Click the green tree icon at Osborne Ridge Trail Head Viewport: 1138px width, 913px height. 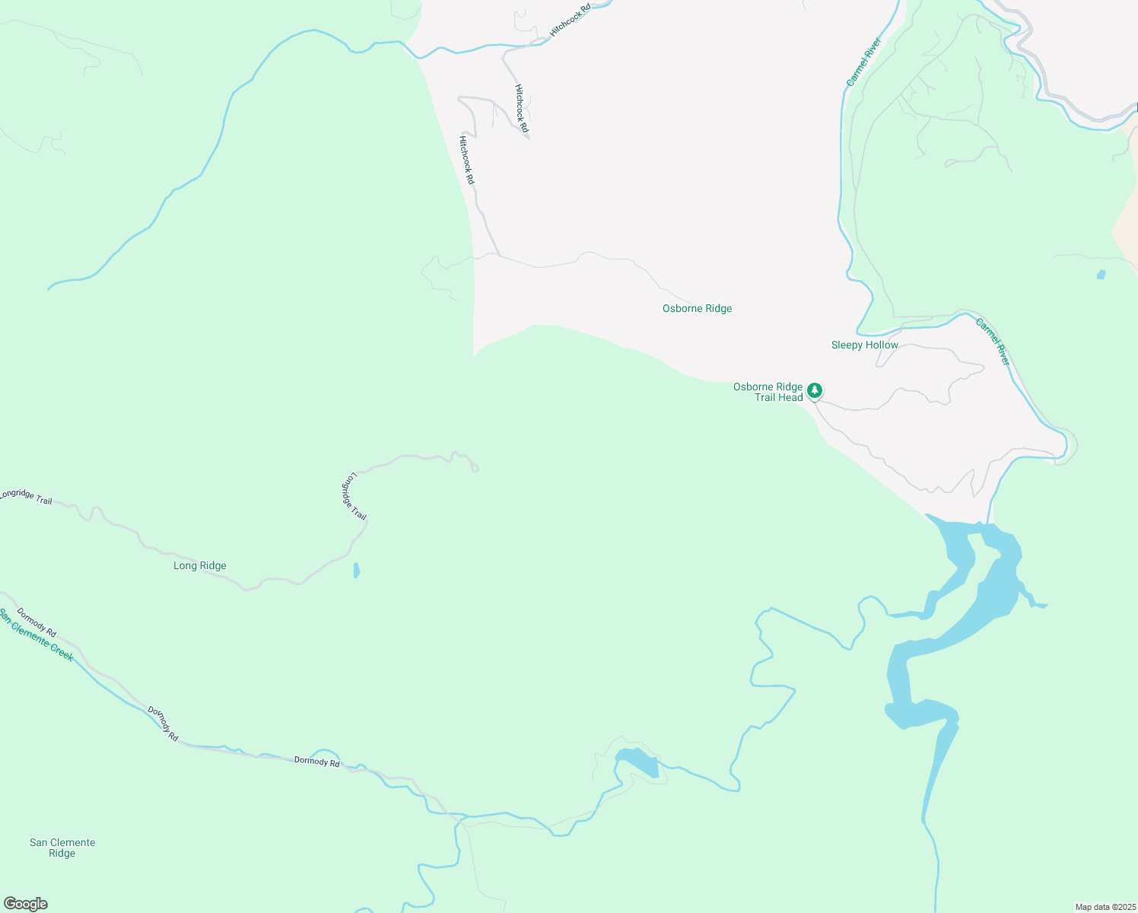tap(815, 390)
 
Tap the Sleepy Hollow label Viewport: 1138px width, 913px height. tap(864, 345)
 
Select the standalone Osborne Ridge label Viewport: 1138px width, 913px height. tap(697, 308)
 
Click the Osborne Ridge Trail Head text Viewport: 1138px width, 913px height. tap(768, 392)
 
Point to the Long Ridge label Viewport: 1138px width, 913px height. tap(199, 565)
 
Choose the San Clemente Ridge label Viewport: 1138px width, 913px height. tap(62, 848)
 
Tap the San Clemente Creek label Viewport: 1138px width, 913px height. tap(37, 635)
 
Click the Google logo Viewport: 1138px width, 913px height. tap(25, 904)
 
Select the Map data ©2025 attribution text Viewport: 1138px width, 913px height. tap(1105, 907)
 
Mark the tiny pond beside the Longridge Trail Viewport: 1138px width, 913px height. tap(357, 571)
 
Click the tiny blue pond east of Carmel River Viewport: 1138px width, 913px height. tap(1101, 275)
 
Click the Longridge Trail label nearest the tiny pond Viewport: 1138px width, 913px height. tap(353, 496)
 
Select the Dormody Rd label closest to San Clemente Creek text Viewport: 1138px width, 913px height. tap(37, 622)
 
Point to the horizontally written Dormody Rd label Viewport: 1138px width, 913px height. tap(316, 762)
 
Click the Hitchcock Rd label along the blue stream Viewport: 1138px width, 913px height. tap(570, 21)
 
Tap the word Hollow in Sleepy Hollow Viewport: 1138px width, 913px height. tap(882, 345)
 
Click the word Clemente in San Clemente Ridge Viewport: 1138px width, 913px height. tap(74, 842)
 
